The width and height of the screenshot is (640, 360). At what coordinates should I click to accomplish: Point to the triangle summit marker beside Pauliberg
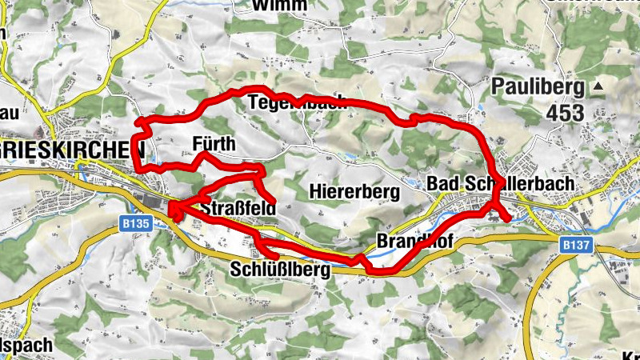click(598, 86)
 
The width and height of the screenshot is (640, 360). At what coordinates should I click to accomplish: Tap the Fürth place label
click(215, 144)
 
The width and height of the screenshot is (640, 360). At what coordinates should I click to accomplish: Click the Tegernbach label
click(297, 102)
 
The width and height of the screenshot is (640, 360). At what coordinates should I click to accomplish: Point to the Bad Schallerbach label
click(500, 185)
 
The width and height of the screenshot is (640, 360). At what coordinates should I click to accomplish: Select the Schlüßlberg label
click(279, 270)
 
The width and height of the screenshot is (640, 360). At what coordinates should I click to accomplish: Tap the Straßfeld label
click(238, 210)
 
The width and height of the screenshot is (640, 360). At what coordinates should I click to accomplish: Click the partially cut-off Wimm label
click(278, 5)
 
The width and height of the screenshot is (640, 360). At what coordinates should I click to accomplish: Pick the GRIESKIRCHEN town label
click(71, 149)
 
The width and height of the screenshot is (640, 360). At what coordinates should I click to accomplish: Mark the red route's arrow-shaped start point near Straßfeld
click(172, 210)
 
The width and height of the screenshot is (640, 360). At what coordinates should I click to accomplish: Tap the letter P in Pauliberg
click(501, 86)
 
